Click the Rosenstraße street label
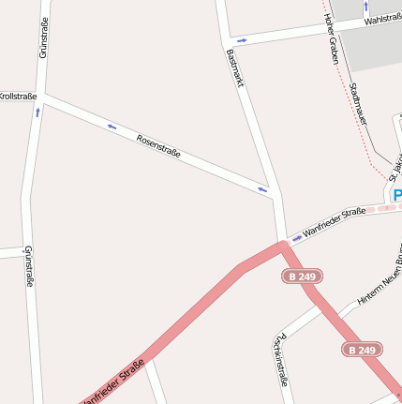(x=158, y=145)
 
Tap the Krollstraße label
(x=18, y=96)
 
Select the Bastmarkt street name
(x=235, y=69)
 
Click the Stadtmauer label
(x=358, y=103)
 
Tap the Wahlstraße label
(x=382, y=18)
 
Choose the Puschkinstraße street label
(x=280, y=360)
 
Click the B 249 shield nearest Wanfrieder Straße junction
(x=303, y=277)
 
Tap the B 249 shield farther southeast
(x=361, y=350)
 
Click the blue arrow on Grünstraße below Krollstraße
(x=37, y=112)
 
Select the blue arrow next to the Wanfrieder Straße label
(x=297, y=238)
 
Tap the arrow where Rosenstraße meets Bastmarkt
(x=263, y=190)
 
